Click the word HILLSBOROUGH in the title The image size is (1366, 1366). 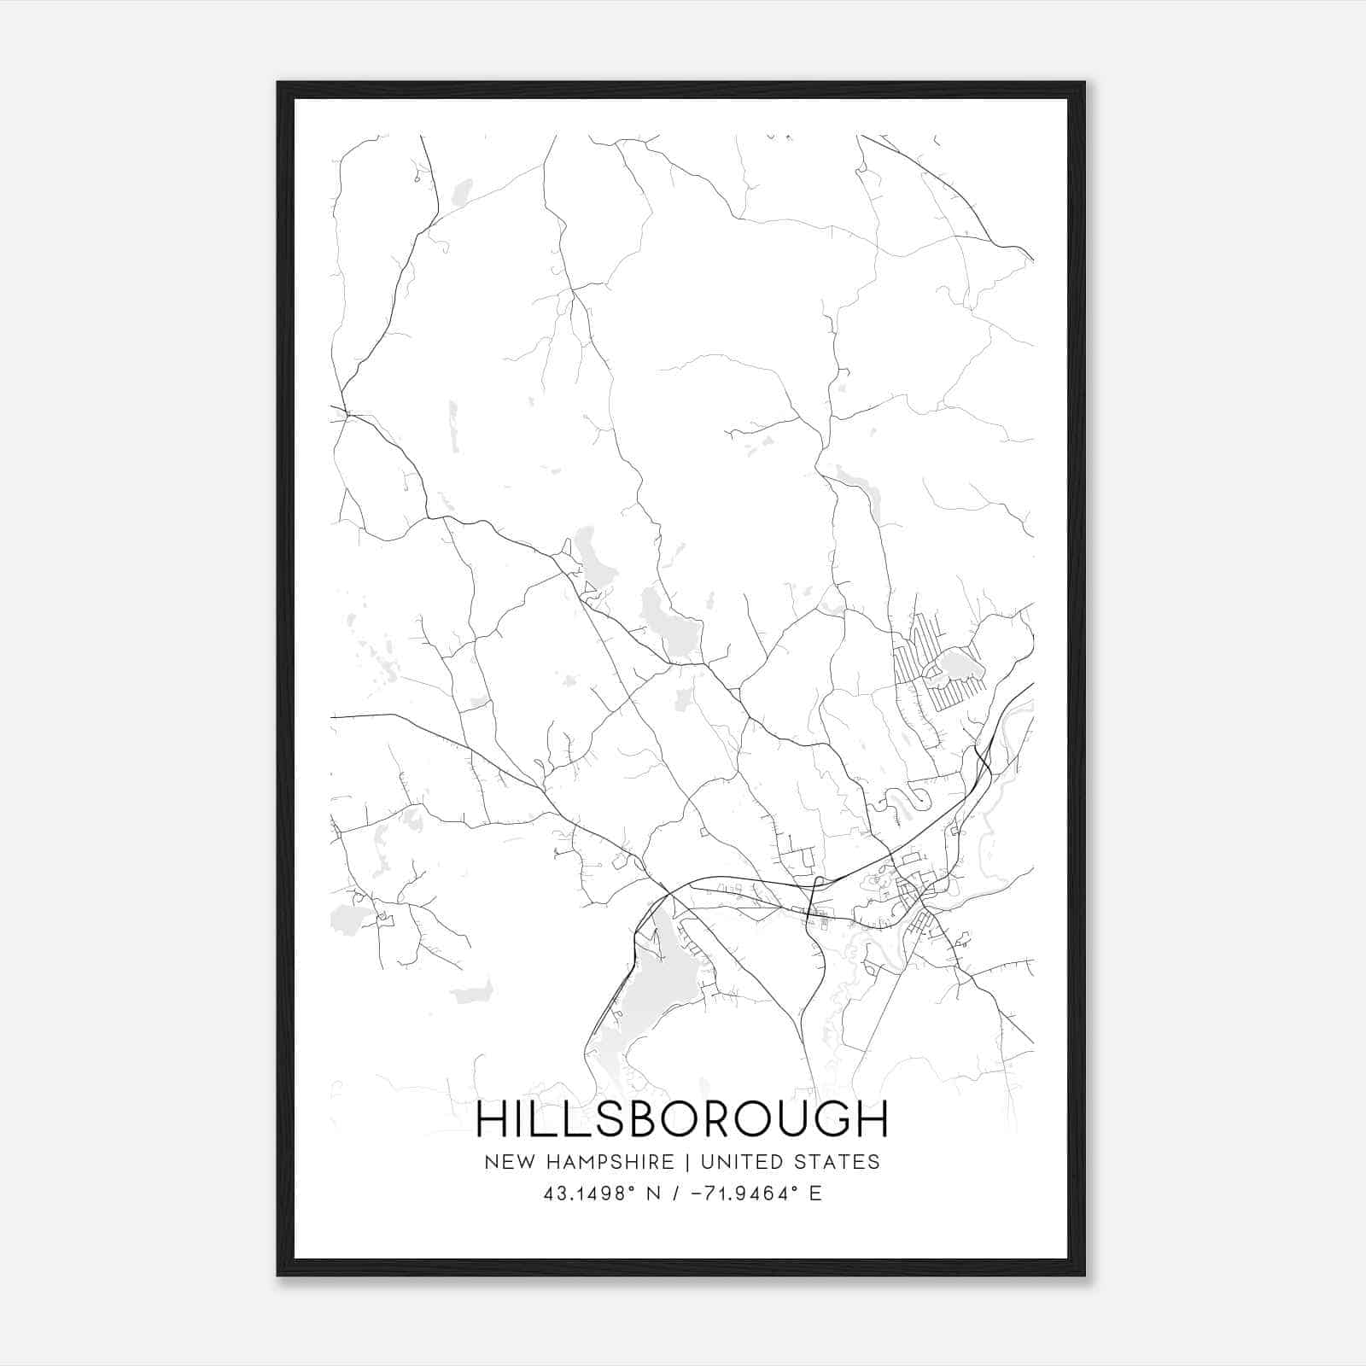tap(681, 1119)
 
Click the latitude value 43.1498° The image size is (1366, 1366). tap(590, 1194)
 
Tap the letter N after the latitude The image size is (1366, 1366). tap(655, 1194)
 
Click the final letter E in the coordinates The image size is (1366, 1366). tap(815, 1194)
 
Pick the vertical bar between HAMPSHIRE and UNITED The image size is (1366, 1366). tap(694, 1162)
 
